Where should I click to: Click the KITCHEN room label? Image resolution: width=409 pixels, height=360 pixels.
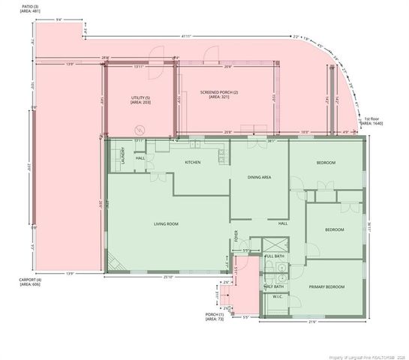[193, 163]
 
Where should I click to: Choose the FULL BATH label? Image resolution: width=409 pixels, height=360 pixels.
[275, 256]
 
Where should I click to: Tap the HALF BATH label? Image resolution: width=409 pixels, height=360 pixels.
[274, 286]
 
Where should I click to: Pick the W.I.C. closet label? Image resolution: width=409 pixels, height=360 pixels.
[276, 296]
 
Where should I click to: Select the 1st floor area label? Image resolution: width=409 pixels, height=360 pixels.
[373, 121]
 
